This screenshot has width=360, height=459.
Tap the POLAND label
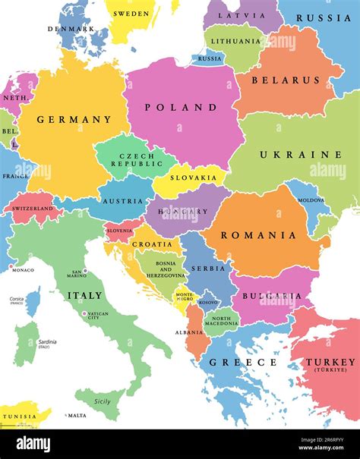182,108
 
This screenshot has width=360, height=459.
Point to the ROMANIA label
258,235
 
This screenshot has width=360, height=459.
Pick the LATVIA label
241,16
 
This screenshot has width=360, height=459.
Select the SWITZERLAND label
33,209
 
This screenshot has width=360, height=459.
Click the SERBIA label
208,268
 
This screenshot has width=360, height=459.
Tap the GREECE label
243,363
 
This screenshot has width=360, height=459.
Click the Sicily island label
103,401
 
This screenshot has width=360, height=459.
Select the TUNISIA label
20,417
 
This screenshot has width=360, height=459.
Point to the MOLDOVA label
311,200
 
